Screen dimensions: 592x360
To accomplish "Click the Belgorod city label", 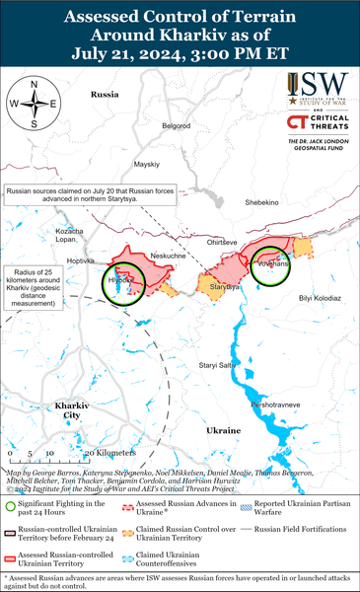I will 176,126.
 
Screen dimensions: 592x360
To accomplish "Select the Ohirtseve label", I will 220,241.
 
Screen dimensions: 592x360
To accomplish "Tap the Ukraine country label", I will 223,430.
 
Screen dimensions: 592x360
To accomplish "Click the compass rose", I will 34,103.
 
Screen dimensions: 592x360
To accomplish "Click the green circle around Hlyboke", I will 125,285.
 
